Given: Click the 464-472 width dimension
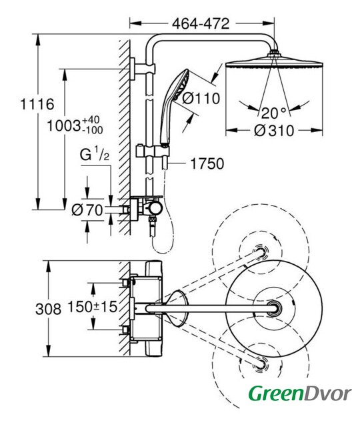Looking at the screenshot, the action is coord(201,24).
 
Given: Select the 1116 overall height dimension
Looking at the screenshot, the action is coord(37,104).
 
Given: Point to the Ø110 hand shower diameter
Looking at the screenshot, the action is coord(201,98).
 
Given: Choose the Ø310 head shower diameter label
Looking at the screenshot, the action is coord(274,131).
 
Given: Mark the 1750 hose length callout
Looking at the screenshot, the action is coord(207,163).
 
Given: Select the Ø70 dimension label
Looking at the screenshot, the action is coord(87,210).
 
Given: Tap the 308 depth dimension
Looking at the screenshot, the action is coord(48,309).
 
